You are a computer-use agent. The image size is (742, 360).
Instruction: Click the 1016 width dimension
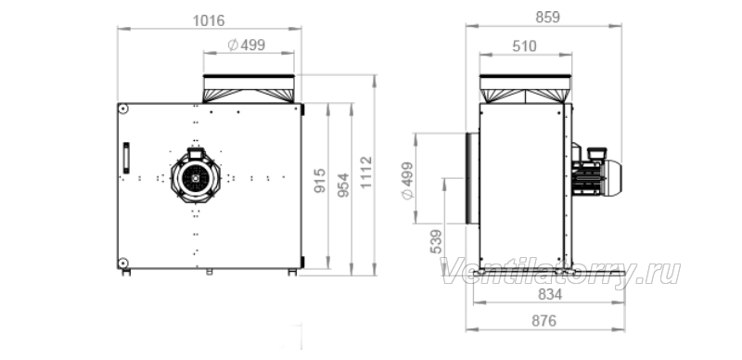click(209, 20)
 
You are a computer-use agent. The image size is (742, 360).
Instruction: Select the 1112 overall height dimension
click(366, 172)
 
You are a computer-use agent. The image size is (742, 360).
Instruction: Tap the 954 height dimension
click(344, 185)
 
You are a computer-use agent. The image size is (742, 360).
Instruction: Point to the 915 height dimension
click(320, 180)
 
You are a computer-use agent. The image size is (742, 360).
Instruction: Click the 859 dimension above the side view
click(547, 17)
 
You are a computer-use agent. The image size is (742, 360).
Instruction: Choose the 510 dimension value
click(524, 46)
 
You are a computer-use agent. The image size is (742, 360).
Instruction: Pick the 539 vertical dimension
click(436, 241)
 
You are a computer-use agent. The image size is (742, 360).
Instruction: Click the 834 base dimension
click(550, 295)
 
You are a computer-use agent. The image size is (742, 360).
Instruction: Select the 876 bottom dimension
click(544, 321)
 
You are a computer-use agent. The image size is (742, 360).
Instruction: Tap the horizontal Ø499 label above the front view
click(246, 45)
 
